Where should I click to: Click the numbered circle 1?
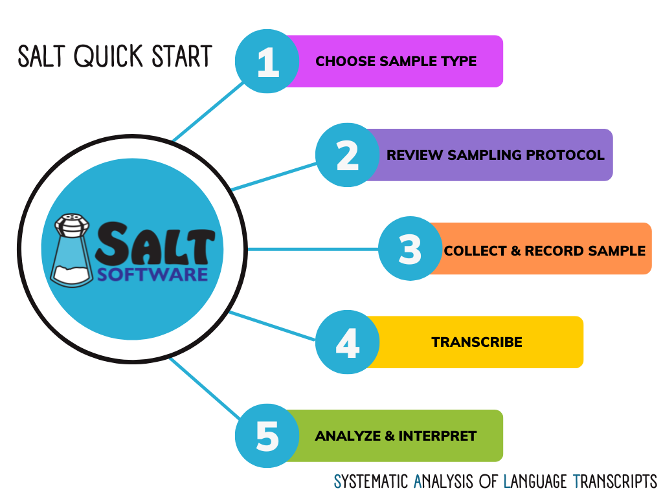(x=267, y=61)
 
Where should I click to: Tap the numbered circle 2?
(x=348, y=155)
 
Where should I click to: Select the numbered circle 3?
(x=410, y=248)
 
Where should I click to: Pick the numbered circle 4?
(x=348, y=342)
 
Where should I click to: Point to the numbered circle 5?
(x=267, y=436)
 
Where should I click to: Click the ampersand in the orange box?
(x=515, y=250)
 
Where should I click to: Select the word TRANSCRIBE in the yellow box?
(x=477, y=342)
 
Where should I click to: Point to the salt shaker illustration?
(x=71, y=250)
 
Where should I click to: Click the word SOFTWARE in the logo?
(x=153, y=274)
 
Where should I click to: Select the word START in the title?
(x=182, y=56)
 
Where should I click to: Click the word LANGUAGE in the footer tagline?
(x=535, y=481)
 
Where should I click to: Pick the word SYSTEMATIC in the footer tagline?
(x=371, y=481)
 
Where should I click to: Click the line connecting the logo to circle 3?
(x=313, y=249)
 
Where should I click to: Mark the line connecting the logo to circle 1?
(x=208, y=111)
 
